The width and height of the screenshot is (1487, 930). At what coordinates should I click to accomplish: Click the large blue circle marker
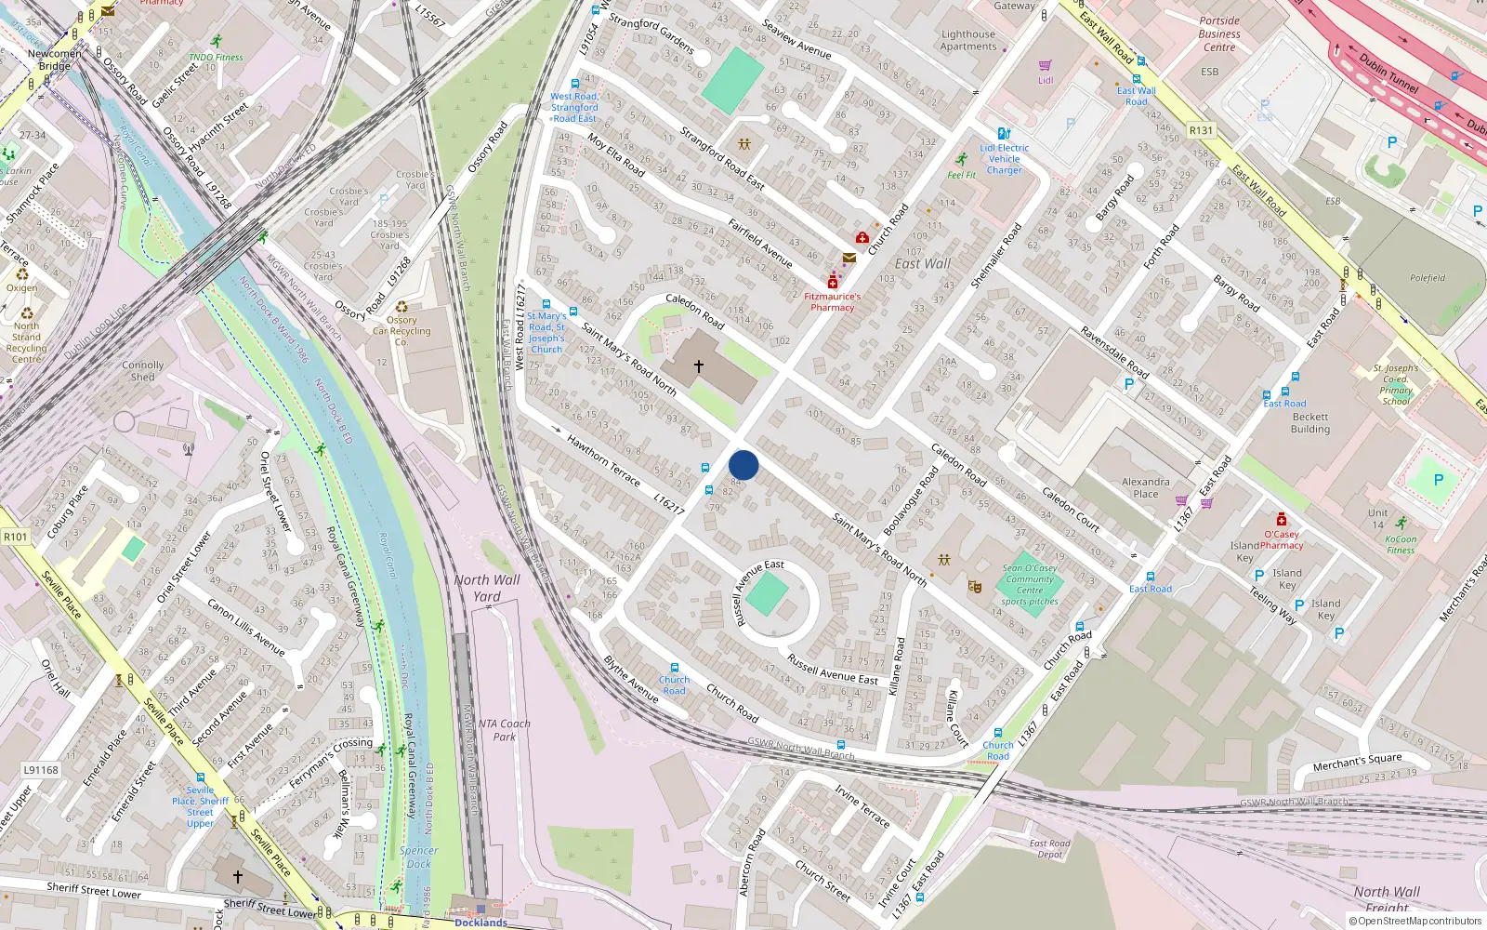[x=743, y=465]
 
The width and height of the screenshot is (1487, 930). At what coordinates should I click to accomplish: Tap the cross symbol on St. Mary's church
[x=699, y=366]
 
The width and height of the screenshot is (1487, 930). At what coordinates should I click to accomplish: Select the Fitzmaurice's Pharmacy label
[x=832, y=302]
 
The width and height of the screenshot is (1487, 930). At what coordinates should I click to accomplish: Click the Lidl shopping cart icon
[x=1046, y=66]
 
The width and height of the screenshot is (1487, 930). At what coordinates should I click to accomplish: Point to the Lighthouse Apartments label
[x=967, y=40]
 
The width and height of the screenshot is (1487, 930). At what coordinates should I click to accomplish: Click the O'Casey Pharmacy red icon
[x=1281, y=520]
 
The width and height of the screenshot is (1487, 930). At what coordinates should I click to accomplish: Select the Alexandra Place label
[x=1145, y=487]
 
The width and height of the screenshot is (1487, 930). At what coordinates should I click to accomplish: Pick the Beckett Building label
[x=1310, y=423]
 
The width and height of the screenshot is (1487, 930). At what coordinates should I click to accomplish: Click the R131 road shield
[x=1201, y=130]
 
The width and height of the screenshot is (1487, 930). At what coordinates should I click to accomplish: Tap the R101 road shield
[x=16, y=537]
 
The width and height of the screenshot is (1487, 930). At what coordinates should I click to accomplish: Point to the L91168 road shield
[x=41, y=770]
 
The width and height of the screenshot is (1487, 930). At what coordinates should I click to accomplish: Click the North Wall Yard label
[x=487, y=588]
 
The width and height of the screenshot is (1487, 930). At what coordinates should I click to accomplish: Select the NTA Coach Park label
[x=504, y=730]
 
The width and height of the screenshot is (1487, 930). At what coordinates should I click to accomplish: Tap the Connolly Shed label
[x=142, y=371]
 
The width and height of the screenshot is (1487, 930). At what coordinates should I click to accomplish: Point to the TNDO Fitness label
[x=216, y=57]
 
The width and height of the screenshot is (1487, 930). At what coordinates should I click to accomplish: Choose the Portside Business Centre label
[x=1219, y=33]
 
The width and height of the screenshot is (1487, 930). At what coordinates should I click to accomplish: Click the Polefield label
[x=1428, y=277]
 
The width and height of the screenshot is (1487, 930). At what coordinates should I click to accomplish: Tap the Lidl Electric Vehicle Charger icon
[x=1004, y=134]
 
